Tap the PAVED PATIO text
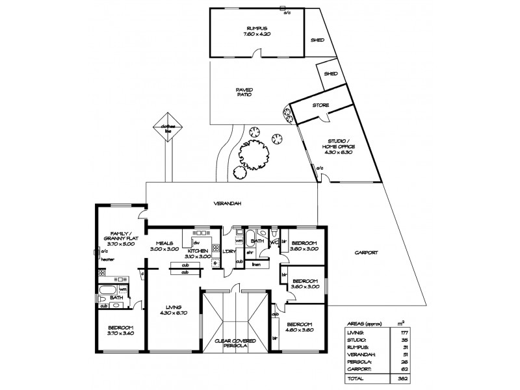coord(244,92)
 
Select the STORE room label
coord(320,105)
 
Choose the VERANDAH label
coord(227,203)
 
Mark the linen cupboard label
coord(256,264)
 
